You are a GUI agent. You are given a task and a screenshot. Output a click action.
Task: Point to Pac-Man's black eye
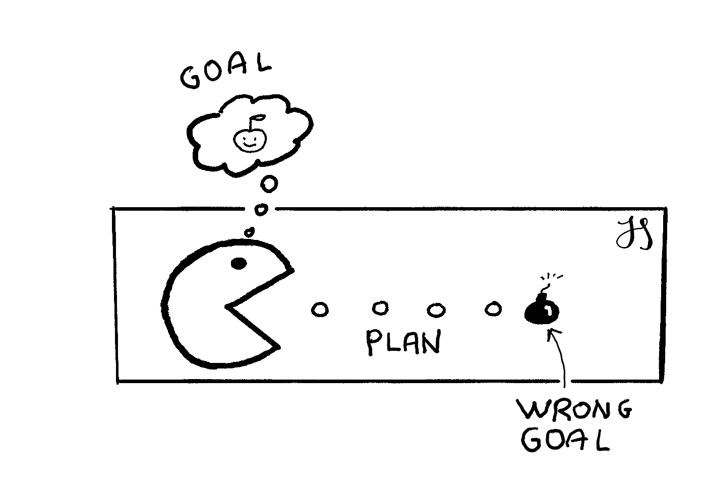tap(238, 263)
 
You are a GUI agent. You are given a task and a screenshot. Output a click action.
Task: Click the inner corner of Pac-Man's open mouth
tap(227, 306)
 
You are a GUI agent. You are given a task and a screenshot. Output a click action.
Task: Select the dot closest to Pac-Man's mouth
tap(319, 310)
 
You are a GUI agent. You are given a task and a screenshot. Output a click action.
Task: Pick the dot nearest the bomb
tap(492, 308)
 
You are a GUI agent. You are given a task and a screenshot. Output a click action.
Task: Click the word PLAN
tap(402, 342)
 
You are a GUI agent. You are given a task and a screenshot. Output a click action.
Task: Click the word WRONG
tap(574, 410)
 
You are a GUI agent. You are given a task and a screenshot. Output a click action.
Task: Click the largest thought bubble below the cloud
tap(269, 184)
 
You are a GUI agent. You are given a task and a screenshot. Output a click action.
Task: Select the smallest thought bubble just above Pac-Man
tap(249, 232)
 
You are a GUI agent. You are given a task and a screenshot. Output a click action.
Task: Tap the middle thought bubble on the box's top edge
tap(261, 209)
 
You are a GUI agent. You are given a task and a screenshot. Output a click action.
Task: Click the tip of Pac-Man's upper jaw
tap(291, 270)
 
